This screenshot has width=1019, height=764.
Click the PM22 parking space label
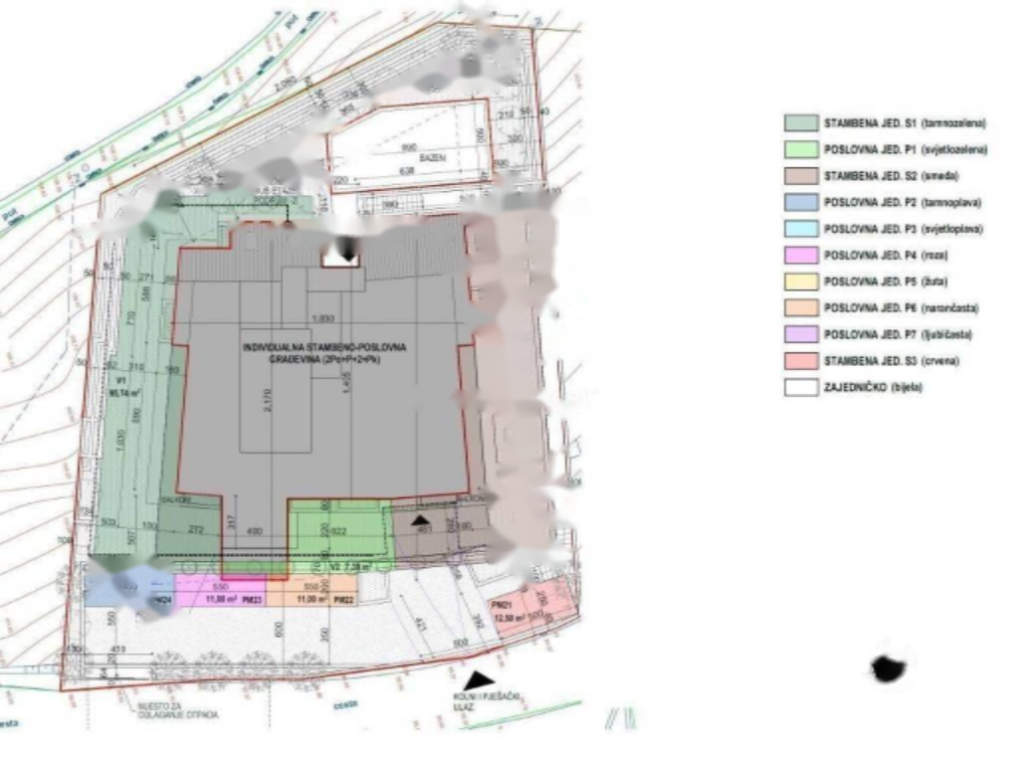coord(342,600)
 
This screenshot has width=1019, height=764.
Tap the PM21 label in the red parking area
coord(501,605)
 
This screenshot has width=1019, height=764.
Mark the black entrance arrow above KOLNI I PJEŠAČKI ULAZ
coord(481,678)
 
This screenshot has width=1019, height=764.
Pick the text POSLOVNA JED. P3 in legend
coord(903,230)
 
